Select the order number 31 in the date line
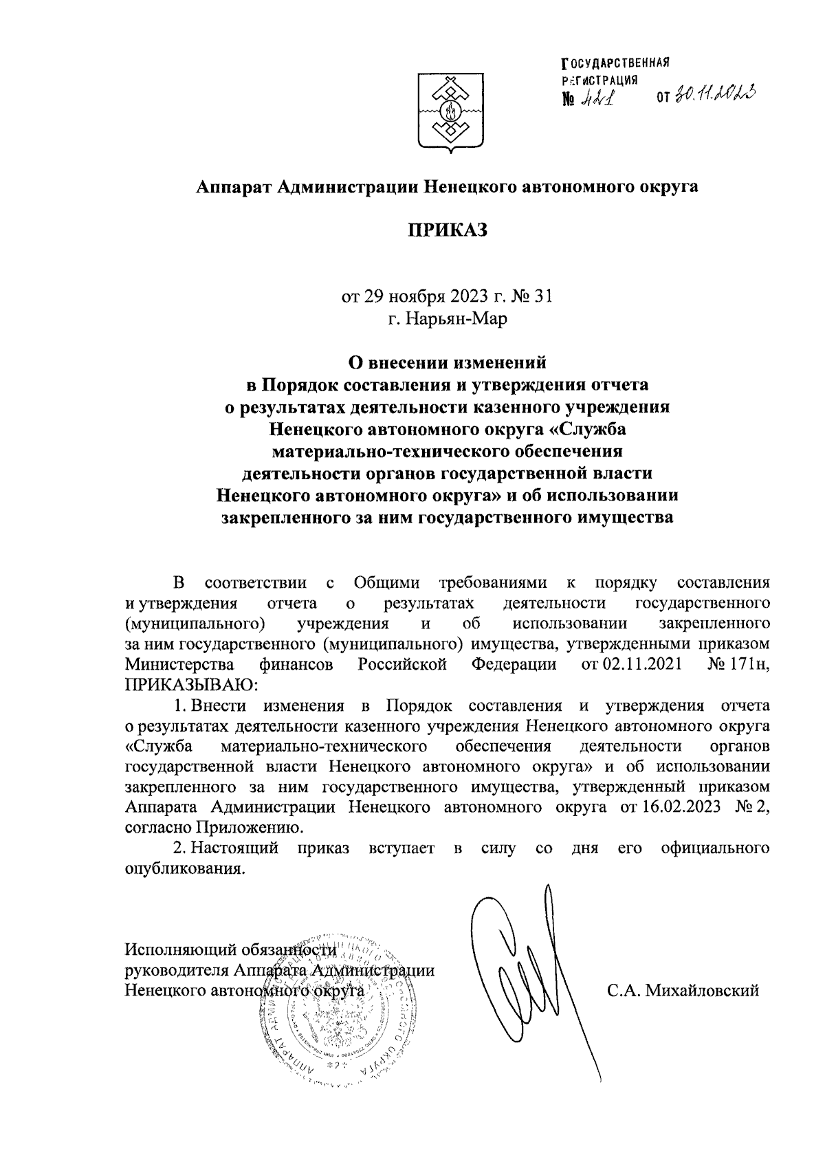point(543,297)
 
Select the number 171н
point(744,664)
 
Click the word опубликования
point(184,868)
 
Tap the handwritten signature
point(529,976)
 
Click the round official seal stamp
point(330,1011)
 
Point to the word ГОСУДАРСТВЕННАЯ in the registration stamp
point(615,64)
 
